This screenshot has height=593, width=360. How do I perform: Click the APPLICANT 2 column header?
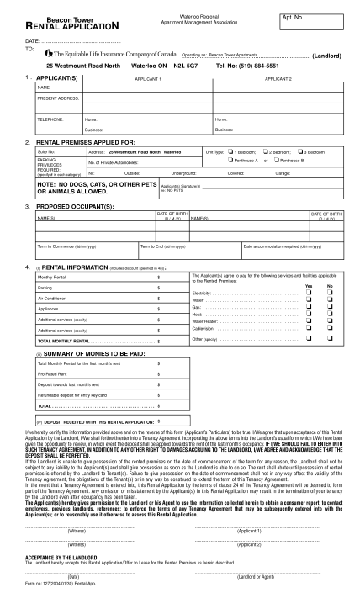278,77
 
